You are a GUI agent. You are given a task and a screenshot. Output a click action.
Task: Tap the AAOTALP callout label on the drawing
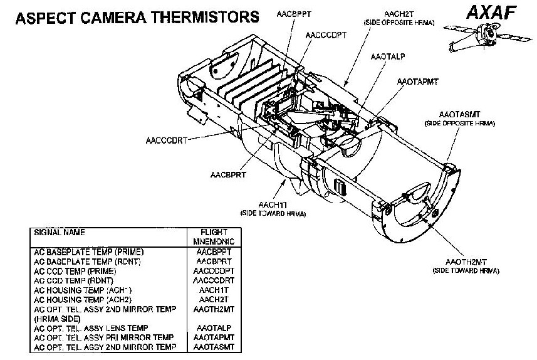(387, 56)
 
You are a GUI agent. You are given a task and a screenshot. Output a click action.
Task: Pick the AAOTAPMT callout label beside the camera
(417, 82)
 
